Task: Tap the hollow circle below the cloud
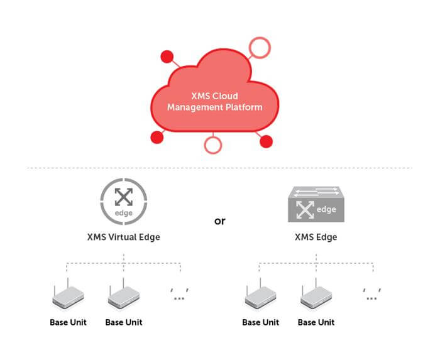click(213, 152)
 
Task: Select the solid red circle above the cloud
click(167, 57)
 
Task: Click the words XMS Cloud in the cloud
click(215, 96)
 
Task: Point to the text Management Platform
click(215, 107)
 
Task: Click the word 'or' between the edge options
click(220, 221)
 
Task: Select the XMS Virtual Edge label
click(124, 237)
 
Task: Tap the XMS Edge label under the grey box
click(316, 237)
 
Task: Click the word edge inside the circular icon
click(124, 213)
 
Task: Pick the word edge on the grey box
click(326, 209)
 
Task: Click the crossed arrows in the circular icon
click(124, 197)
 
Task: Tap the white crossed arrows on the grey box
click(305, 209)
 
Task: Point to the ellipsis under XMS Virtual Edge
click(179, 294)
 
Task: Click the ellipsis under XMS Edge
click(372, 294)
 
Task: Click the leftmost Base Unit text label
click(68, 322)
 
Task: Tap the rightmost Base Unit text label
click(316, 322)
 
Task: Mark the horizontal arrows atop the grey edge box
click(316, 192)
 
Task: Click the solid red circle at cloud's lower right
click(266, 141)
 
